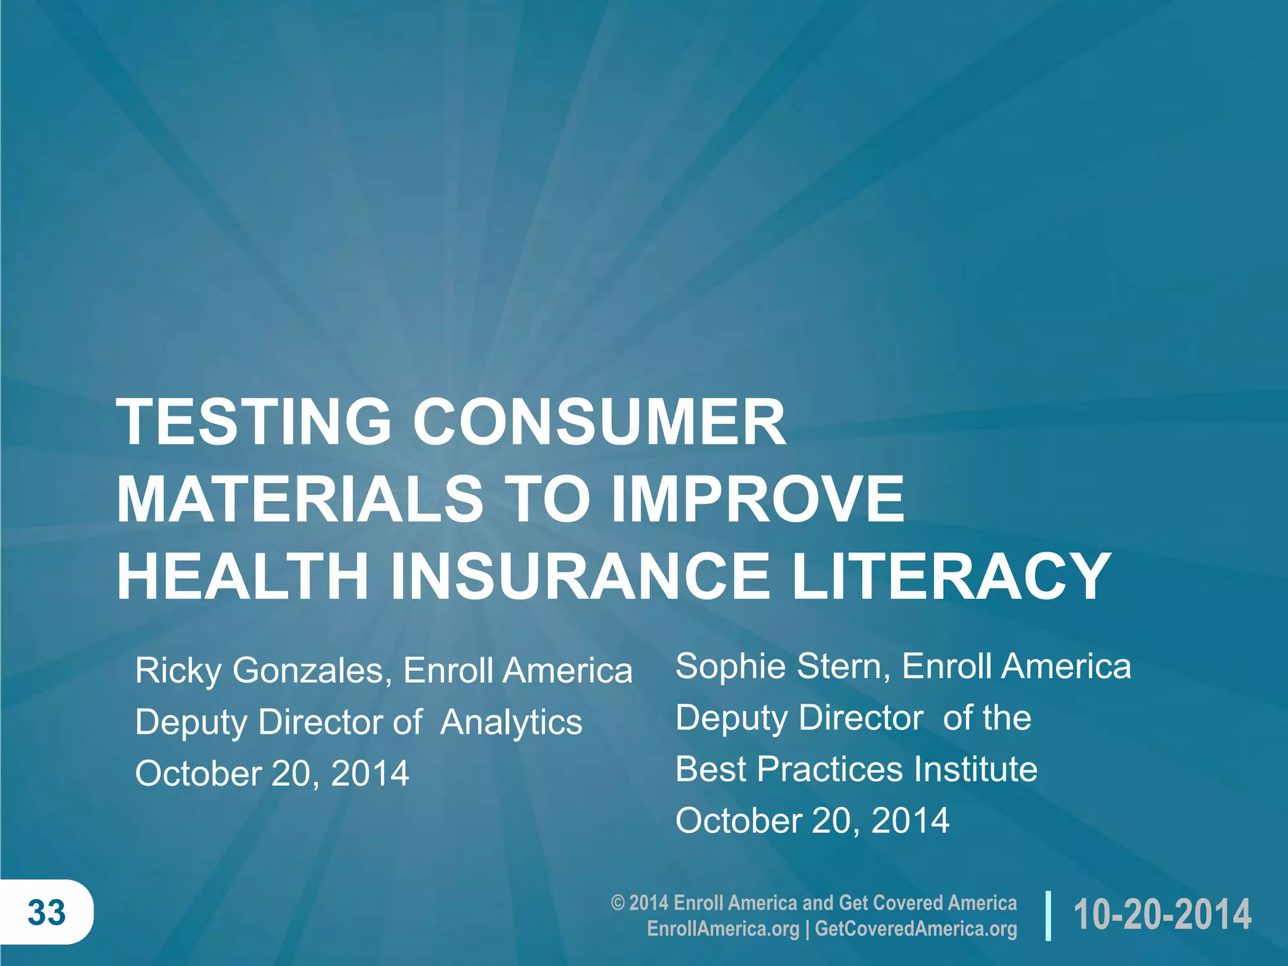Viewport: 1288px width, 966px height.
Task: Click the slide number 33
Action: [x=47, y=913]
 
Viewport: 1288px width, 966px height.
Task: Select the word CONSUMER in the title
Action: [x=599, y=422]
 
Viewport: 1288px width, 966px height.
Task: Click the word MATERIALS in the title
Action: [x=300, y=499]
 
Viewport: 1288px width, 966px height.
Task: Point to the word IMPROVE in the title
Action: [x=758, y=499]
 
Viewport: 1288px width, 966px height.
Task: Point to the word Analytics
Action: [x=511, y=722]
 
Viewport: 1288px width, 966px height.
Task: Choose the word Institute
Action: [x=975, y=769]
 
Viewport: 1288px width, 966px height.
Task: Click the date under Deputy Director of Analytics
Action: [x=272, y=773]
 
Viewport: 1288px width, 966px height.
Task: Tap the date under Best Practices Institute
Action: [x=812, y=820]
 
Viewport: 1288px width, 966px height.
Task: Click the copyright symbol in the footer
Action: [x=618, y=903]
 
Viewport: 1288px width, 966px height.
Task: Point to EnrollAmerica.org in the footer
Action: [x=723, y=929]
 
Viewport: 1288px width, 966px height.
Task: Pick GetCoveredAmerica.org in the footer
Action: [x=916, y=929]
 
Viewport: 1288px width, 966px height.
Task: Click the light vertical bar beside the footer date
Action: [x=1048, y=915]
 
